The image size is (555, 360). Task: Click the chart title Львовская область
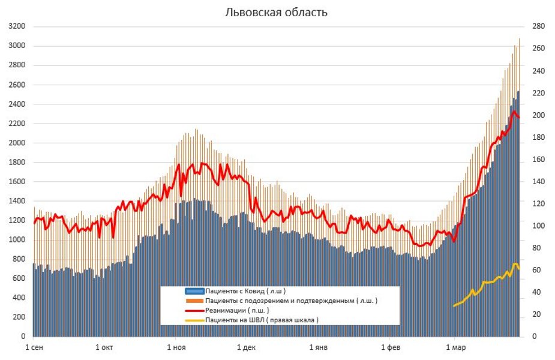tap(276, 12)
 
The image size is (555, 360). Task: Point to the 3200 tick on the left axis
tap(17, 27)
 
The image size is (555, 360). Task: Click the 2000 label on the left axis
tap(17, 143)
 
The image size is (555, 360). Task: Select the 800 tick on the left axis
tap(19, 259)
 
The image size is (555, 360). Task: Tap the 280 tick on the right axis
tap(533, 27)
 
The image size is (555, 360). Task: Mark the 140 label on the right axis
tap(533, 182)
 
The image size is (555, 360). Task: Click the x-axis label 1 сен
tap(34, 347)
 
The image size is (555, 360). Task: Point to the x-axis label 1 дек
tap(247, 347)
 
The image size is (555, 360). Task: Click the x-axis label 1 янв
tap(319, 347)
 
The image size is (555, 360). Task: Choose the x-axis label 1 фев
tap(391, 347)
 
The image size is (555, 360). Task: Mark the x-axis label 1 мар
tap(456, 347)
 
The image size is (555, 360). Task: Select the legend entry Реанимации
tap(237, 310)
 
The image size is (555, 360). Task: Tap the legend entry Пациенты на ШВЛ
tap(262, 320)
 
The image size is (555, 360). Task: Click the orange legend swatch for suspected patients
tap(194, 301)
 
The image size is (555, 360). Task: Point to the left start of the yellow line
tap(454, 306)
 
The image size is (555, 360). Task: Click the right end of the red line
tap(520, 118)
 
